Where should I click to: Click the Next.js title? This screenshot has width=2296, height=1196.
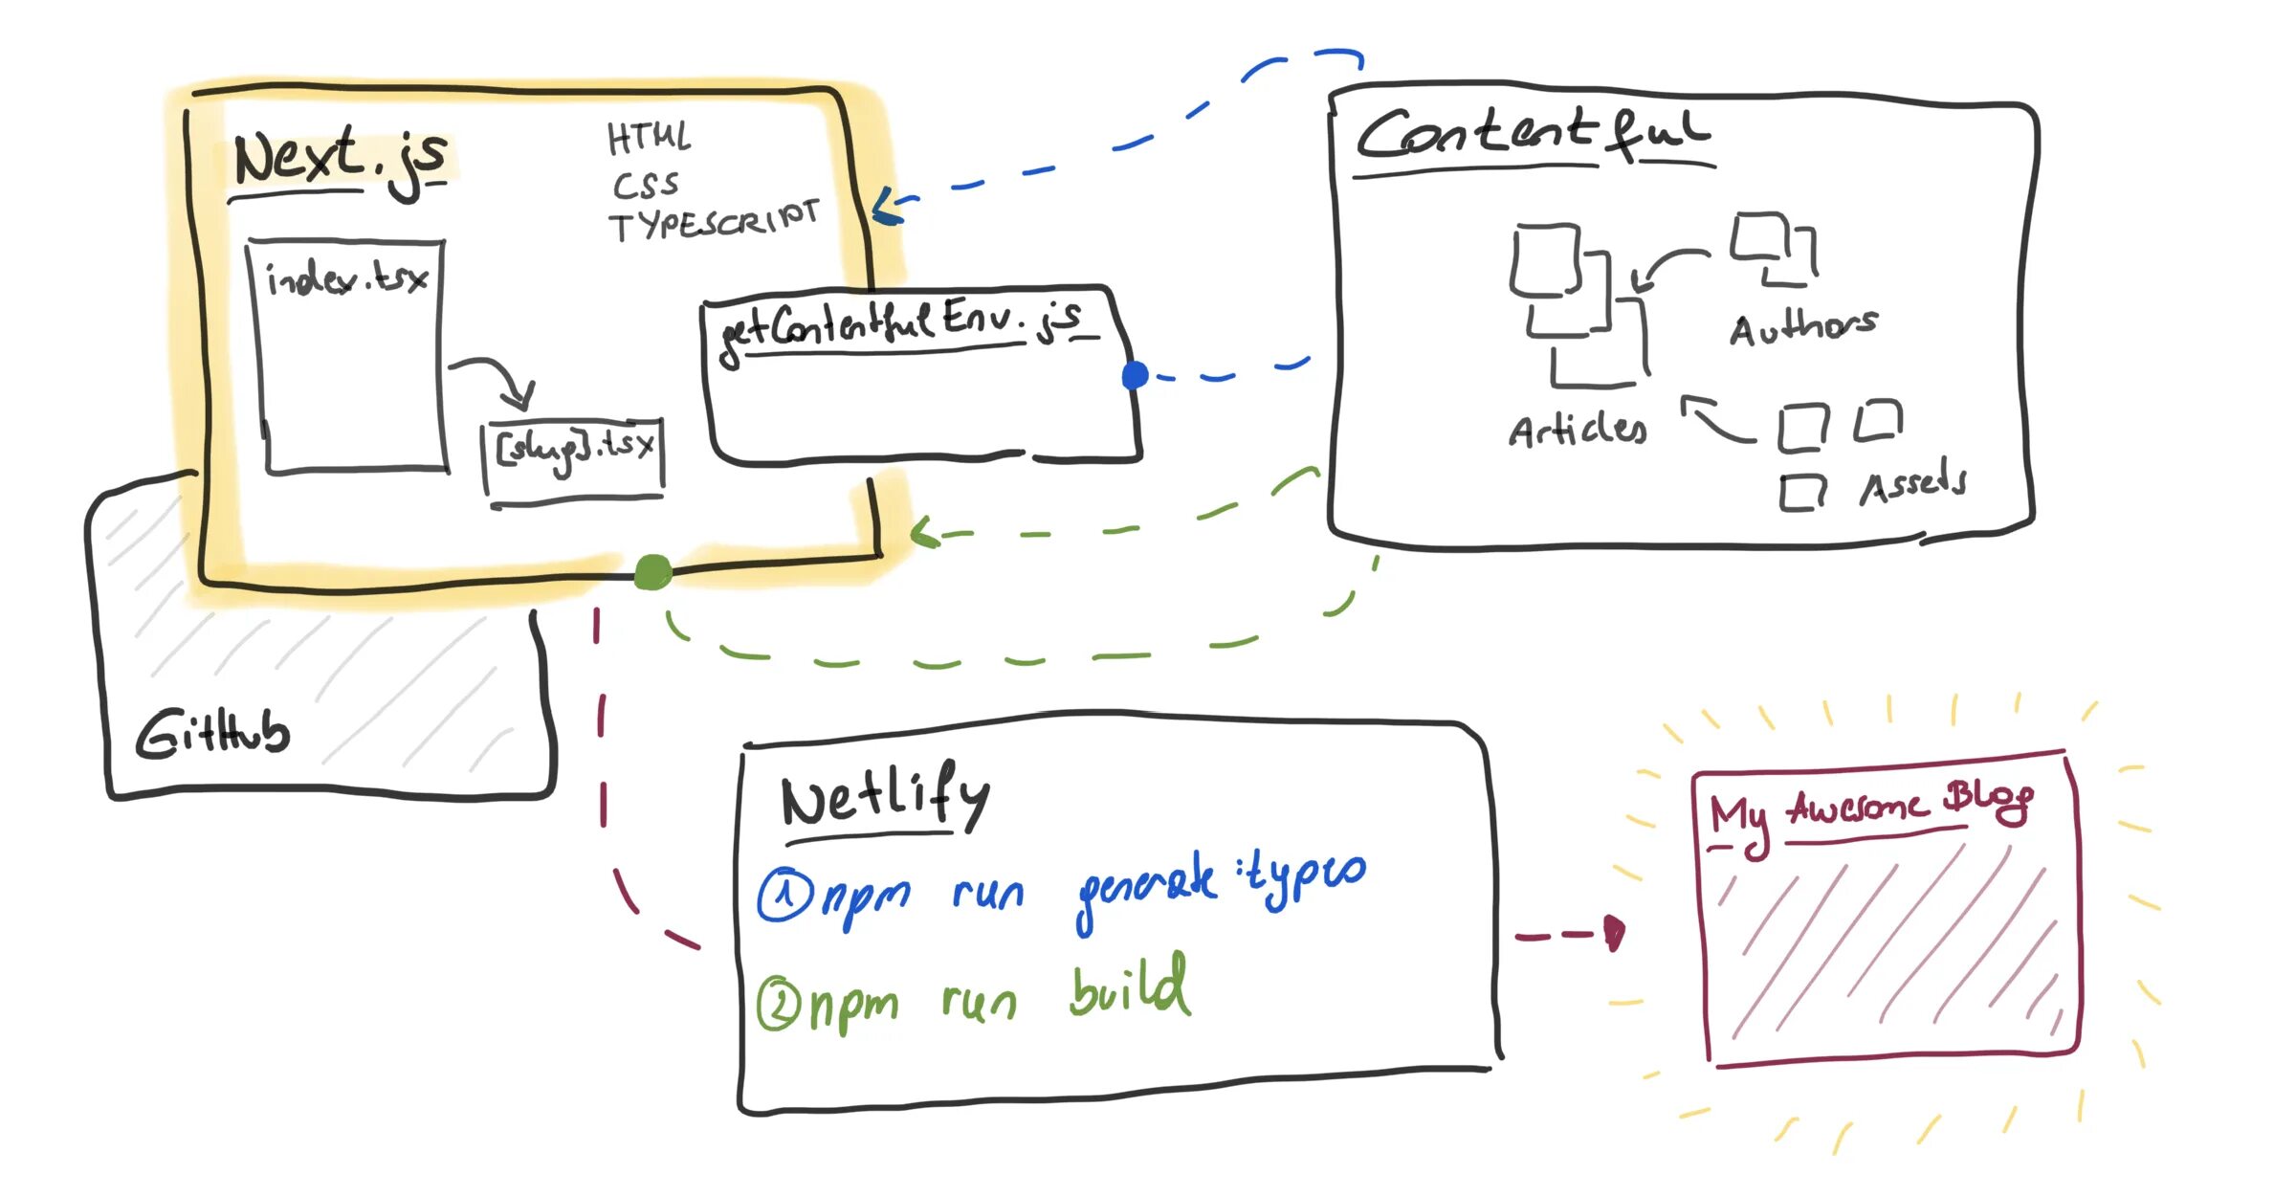[x=340, y=158]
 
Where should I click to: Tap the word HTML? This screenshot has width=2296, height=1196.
[x=649, y=138]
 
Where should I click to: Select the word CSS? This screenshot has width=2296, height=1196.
[x=646, y=185]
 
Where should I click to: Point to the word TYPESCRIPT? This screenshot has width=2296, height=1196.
[x=714, y=222]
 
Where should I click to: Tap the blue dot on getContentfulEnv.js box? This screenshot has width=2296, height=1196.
[x=1136, y=375]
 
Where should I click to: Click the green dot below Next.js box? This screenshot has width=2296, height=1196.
[x=652, y=572]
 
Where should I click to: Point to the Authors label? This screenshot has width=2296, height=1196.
[x=1803, y=327]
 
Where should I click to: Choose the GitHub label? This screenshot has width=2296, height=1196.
[x=212, y=735]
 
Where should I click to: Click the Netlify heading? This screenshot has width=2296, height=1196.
[x=885, y=796]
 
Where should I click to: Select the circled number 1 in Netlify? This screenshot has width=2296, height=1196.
[x=784, y=896]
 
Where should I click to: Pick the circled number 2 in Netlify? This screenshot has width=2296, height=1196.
[x=779, y=1005]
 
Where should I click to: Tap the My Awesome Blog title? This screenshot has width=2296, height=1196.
[x=1871, y=808]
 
